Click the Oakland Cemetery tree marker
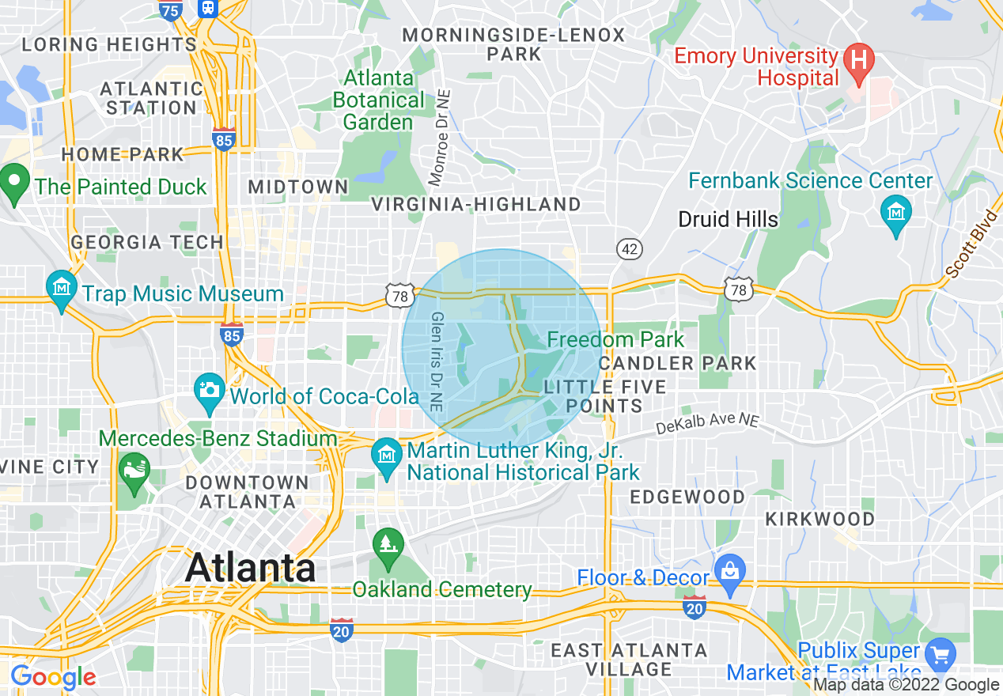click(x=388, y=547)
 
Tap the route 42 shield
click(x=630, y=250)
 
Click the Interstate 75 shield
click(x=170, y=10)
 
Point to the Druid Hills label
click(x=728, y=219)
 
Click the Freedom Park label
click(x=615, y=340)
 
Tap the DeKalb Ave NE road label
click(x=707, y=426)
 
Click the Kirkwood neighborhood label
click(x=819, y=520)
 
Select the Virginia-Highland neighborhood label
click(x=476, y=205)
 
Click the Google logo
click(x=52, y=677)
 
